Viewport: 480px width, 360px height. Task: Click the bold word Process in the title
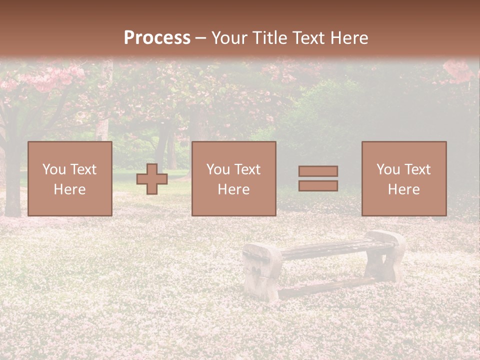coord(157,38)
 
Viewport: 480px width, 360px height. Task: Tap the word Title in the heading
coord(269,38)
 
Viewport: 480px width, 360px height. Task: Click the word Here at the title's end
coord(348,38)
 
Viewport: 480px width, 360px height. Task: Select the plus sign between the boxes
coord(152,179)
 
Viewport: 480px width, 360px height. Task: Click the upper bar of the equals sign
coord(318,171)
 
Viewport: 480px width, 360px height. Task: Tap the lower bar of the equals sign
coord(318,186)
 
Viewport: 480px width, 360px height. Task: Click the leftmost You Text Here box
coord(70,178)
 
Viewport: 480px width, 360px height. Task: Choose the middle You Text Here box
coord(233,178)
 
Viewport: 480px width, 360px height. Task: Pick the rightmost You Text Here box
coord(403,178)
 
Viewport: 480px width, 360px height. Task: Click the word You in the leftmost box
coord(54,169)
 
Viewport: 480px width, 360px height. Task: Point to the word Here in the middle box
coord(233,189)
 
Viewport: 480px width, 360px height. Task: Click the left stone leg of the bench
coord(261,272)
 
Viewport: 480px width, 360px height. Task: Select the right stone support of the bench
coord(386,255)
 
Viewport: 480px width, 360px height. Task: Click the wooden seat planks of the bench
coord(330,248)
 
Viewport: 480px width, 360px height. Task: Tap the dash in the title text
coord(200,38)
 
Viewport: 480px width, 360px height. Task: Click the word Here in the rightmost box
coord(403,189)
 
